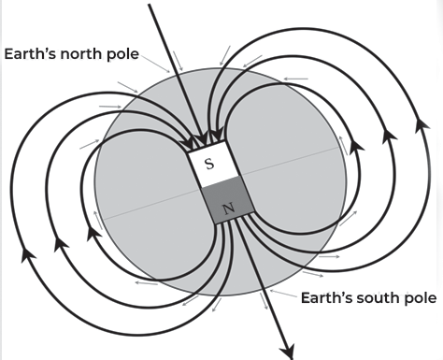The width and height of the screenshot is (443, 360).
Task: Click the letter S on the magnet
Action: coord(210,164)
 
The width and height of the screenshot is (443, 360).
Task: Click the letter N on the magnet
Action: coord(229,208)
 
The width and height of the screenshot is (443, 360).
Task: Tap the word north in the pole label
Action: coord(81,53)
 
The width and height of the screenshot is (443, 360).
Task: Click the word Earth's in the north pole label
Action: coord(31,53)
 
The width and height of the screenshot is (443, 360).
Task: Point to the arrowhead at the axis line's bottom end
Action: coord(289,352)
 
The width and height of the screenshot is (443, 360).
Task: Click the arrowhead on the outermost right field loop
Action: coord(422,124)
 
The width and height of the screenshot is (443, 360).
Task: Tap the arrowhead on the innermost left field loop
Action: coord(93,232)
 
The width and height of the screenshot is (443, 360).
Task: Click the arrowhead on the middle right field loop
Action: coord(389,135)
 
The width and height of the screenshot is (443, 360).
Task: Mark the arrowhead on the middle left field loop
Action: coord(61,244)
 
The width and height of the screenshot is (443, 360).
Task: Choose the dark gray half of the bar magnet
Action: coord(228,200)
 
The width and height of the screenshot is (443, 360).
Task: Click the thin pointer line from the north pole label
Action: coord(155,64)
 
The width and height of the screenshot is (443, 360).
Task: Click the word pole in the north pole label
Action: coord(121,54)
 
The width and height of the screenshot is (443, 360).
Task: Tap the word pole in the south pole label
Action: coord(420,298)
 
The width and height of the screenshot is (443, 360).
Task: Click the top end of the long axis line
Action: coord(150,5)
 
